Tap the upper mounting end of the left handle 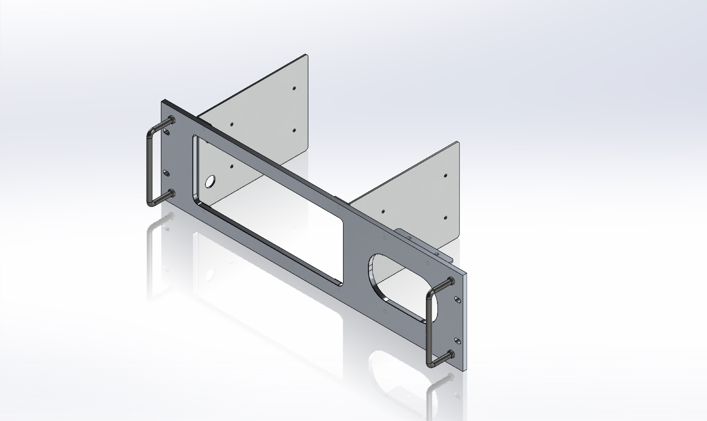point(171,120)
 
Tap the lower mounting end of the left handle point(171,194)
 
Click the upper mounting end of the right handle point(451,281)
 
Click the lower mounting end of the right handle point(451,354)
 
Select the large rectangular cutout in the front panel point(267,210)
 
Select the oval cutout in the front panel point(398,286)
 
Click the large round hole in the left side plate point(210,182)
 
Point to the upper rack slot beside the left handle point(167,132)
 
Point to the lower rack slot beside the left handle point(167,173)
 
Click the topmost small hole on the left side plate point(294,89)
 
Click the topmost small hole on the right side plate point(445,176)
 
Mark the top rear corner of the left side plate point(306,55)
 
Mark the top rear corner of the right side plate point(457,142)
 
